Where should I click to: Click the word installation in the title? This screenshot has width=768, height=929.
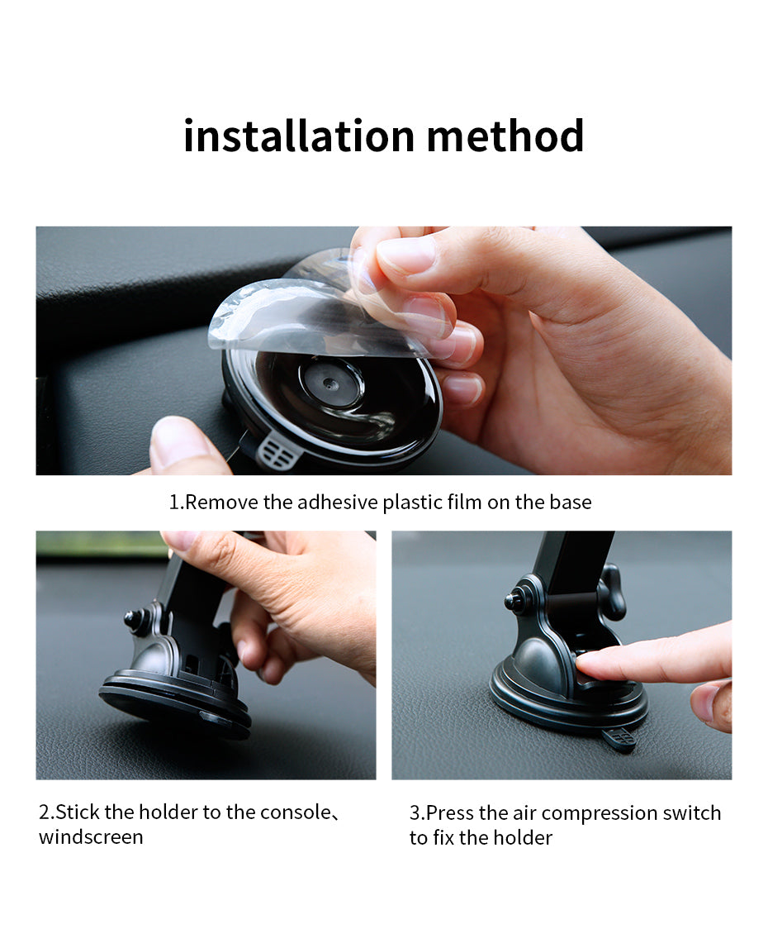click(x=298, y=136)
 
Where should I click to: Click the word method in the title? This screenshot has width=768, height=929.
click(x=505, y=136)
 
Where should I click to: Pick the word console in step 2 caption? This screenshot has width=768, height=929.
click(x=295, y=812)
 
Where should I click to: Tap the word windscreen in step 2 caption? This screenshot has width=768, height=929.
click(x=91, y=837)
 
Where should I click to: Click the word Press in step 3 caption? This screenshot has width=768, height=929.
click(x=450, y=813)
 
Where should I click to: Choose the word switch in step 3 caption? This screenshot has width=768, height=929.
click(x=692, y=813)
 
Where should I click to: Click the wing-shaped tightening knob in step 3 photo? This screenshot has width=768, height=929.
click(x=613, y=592)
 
